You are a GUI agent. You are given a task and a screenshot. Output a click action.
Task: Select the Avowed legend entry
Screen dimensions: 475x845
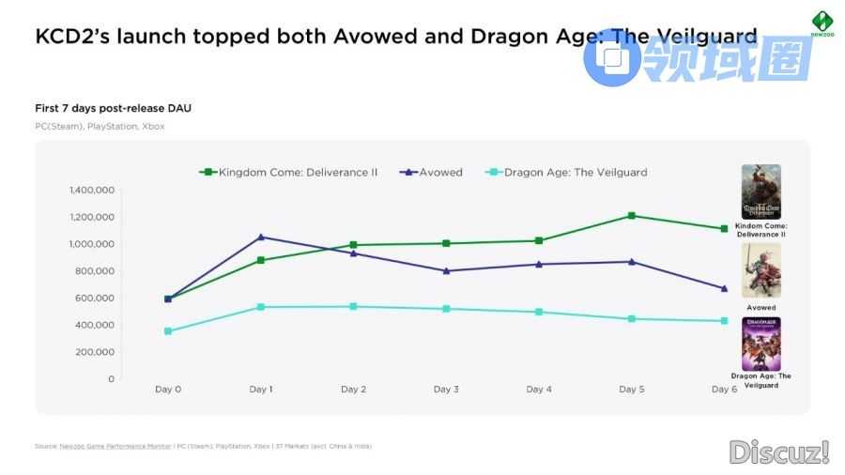pyautogui.click(x=431, y=172)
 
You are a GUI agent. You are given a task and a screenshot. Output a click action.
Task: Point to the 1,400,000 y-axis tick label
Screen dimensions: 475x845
pyautogui.click(x=91, y=190)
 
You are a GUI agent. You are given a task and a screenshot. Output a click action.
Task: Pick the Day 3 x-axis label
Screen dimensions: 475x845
pyautogui.click(x=446, y=389)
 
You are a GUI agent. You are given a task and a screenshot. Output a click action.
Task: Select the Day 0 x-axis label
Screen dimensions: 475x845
pyautogui.click(x=168, y=389)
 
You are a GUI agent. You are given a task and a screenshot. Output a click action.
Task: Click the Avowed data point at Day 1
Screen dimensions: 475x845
pyautogui.click(x=260, y=237)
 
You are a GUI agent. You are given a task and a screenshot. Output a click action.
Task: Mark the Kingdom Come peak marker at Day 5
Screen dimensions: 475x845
pyautogui.click(x=631, y=216)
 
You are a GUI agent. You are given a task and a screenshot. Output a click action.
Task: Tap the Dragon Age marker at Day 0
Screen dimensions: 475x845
pyautogui.click(x=168, y=331)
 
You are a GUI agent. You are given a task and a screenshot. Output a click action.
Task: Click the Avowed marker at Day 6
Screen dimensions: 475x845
pyautogui.click(x=724, y=288)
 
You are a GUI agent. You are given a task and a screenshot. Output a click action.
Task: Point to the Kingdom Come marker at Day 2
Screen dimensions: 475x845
pyautogui.click(x=353, y=245)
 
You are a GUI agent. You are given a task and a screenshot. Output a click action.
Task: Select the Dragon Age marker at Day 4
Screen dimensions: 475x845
pyautogui.click(x=539, y=312)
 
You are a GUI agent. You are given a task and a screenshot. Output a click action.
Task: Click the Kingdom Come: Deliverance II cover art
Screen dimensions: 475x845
pyautogui.click(x=760, y=192)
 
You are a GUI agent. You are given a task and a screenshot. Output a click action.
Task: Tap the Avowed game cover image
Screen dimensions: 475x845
pyautogui.click(x=760, y=270)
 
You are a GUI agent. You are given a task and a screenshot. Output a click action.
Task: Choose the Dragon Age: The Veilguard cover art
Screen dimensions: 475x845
pyautogui.click(x=760, y=344)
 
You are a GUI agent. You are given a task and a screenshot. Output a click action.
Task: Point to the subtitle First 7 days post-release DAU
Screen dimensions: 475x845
pyautogui.click(x=113, y=108)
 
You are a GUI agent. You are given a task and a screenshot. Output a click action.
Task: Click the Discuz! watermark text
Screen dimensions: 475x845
pyautogui.click(x=778, y=452)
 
